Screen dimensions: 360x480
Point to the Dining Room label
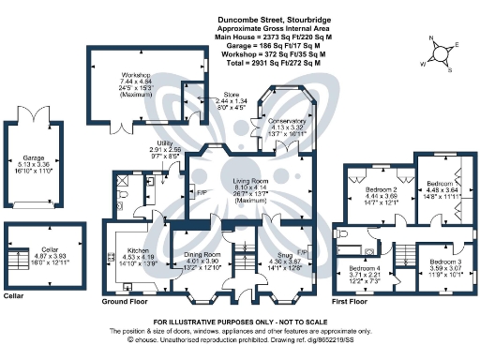coord(202,254)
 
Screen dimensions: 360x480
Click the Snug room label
coord(282,260)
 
